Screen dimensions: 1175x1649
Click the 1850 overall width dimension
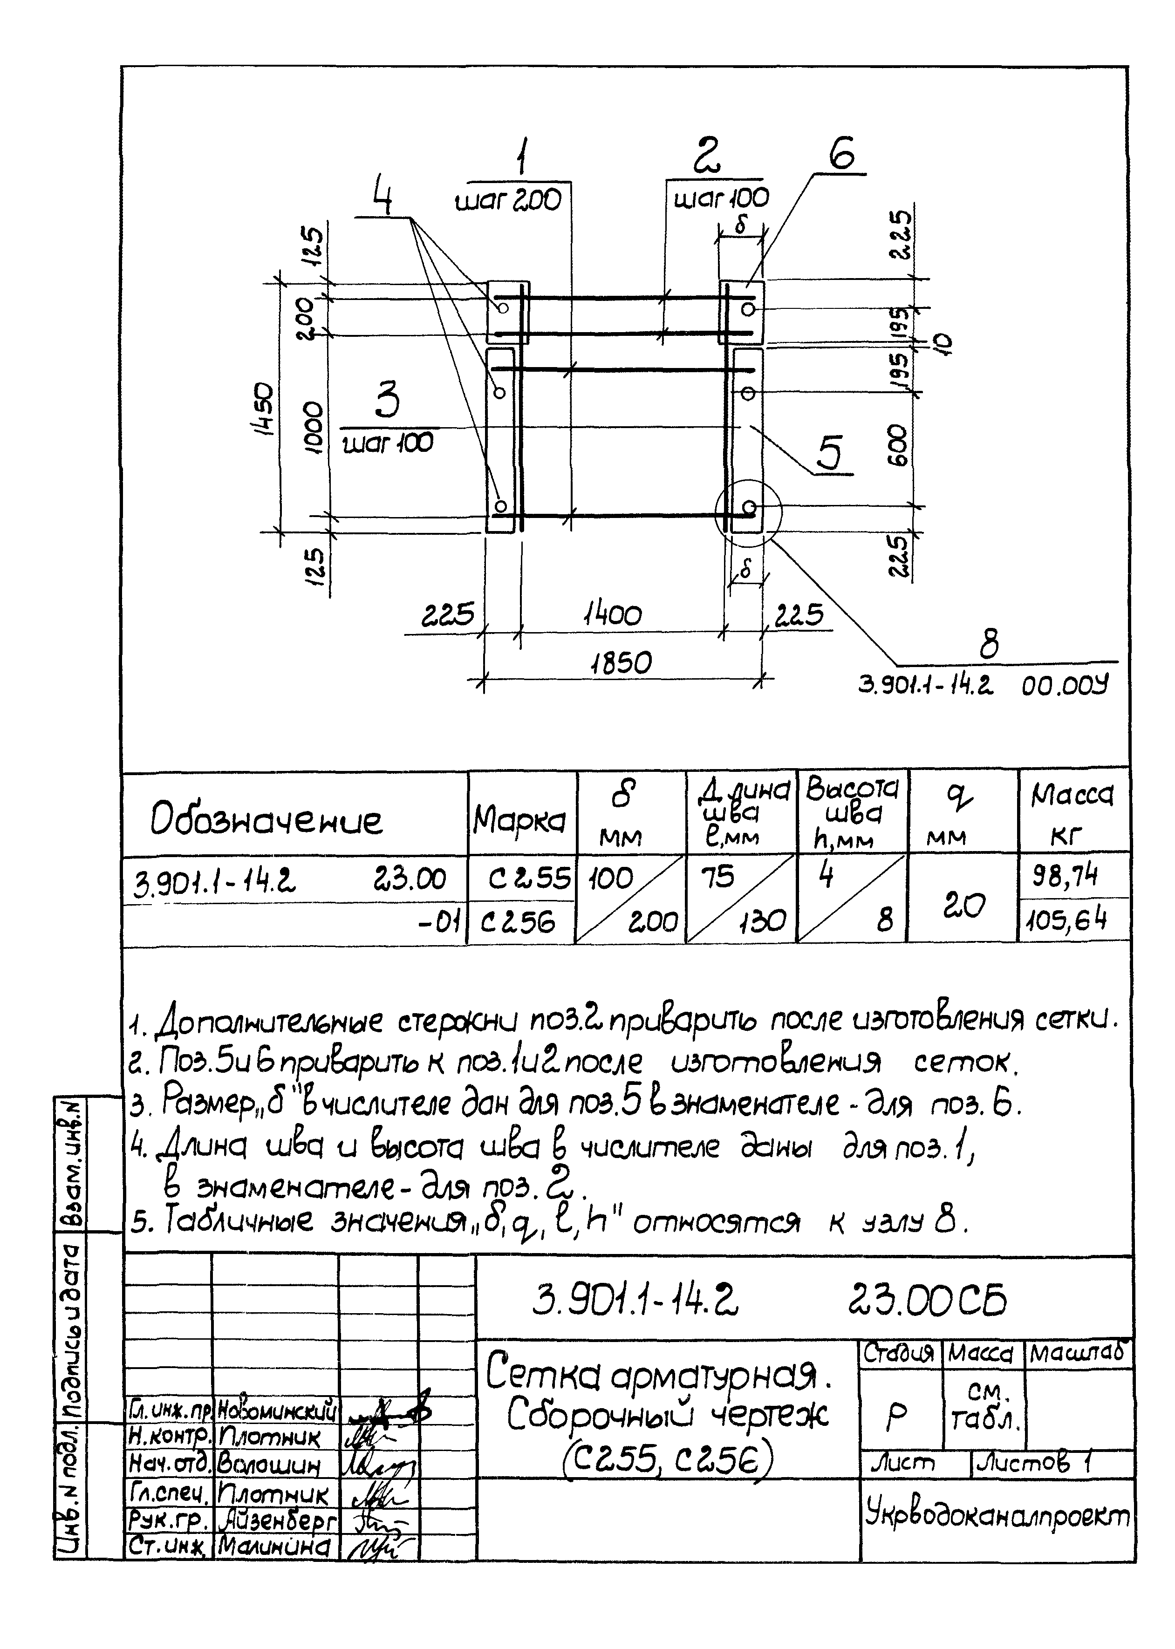621,663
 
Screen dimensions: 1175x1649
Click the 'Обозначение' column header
266,820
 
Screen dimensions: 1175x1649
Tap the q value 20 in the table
964,904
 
